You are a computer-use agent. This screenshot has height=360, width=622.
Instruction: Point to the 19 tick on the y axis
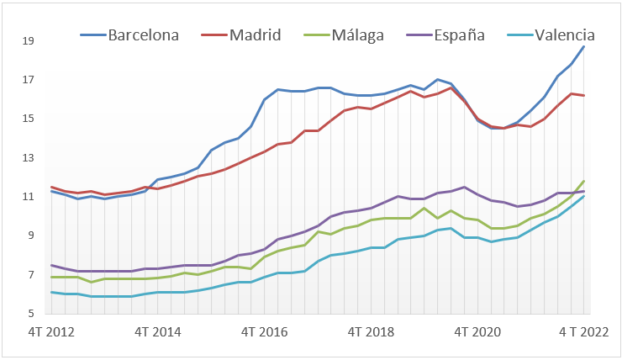tap(28, 40)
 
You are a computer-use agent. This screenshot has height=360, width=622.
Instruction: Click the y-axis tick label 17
tap(28, 80)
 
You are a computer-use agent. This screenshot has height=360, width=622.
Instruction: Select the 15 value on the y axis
tap(28, 119)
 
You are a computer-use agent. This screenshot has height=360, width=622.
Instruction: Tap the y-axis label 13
tap(28, 158)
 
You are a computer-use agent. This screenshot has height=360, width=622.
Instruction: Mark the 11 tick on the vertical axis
tap(28, 197)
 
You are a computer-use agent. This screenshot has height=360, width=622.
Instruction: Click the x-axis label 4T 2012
tap(52, 331)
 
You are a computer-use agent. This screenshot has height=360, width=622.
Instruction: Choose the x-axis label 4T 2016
tap(264, 331)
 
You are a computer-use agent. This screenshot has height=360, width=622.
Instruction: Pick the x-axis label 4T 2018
tap(372, 331)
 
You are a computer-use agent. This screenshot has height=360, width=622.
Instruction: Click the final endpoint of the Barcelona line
tap(584, 46)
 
